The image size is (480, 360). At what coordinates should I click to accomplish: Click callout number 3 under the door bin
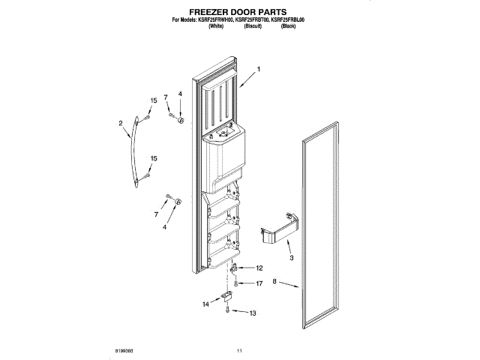click(291, 258)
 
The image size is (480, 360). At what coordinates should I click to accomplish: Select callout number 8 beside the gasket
click(275, 283)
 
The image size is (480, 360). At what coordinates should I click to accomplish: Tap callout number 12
click(259, 268)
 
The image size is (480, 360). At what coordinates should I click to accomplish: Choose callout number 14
click(205, 304)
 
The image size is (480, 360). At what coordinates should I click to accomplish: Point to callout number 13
click(253, 313)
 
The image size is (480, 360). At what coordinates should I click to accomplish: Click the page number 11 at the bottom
click(239, 350)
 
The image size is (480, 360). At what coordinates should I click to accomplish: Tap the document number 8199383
click(125, 350)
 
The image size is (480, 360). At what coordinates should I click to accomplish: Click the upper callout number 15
click(153, 100)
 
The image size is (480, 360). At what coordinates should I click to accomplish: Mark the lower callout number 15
click(154, 158)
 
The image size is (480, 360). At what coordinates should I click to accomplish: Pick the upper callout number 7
click(166, 97)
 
